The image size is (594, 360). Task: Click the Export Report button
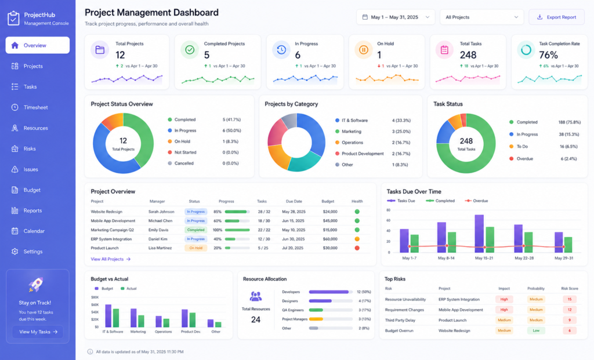pos(556,17)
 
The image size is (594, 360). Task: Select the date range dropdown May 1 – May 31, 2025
pos(396,17)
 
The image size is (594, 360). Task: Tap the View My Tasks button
pos(38,332)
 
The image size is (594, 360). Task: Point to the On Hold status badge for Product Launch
pos(195,248)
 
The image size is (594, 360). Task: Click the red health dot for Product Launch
pos(357,248)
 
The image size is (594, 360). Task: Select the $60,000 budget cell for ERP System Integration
pos(330,239)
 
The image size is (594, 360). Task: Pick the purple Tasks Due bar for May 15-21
pos(479,234)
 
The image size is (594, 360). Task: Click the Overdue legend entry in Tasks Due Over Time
pos(476,201)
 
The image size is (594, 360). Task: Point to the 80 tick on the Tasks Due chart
pos(388,210)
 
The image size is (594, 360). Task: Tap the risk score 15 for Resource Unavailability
pos(570,300)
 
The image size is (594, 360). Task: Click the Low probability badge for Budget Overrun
pos(536,330)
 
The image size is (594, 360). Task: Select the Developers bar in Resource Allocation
pos(329,292)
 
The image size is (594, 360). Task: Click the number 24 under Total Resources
pos(256,320)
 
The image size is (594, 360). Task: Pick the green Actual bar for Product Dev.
pos(193,320)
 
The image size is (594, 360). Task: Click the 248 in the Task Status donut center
pos(466,141)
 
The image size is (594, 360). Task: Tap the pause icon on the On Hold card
pos(363,50)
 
